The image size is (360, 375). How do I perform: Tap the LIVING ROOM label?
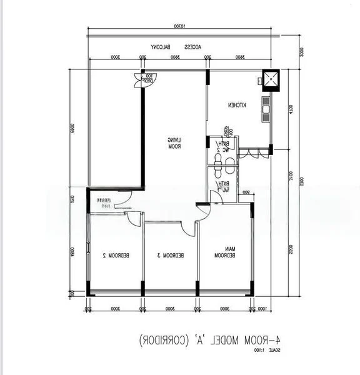click(174, 144)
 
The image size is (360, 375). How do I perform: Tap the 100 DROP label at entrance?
click(148, 78)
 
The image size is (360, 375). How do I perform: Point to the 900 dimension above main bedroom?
click(246, 192)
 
